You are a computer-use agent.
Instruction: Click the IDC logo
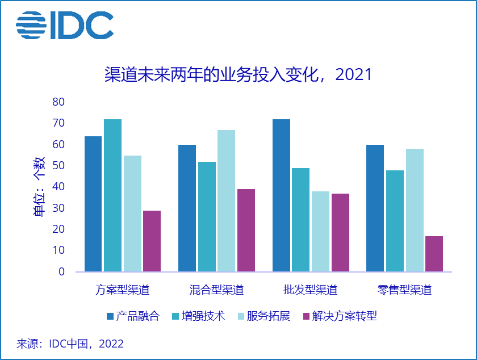[x=64, y=26]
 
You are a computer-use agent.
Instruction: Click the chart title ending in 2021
[x=238, y=74]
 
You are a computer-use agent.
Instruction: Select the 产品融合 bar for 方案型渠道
[x=93, y=204]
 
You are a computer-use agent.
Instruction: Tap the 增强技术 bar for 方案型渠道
[x=112, y=195]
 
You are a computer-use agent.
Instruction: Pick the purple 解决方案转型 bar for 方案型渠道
[x=152, y=241]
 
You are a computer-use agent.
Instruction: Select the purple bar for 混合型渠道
[x=246, y=230]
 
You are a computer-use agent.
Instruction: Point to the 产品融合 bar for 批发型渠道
[x=281, y=195]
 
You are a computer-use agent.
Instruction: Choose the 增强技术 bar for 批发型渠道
[x=300, y=220]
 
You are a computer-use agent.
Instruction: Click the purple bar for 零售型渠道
[x=434, y=254]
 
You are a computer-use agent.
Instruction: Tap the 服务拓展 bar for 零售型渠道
[x=415, y=210]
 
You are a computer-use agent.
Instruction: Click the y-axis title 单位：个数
[x=39, y=186]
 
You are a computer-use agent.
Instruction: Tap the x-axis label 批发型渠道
[x=310, y=290]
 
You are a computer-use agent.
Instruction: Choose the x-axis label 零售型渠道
[x=404, y=290]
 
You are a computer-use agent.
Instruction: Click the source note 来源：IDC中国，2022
[x=70, y=344]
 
